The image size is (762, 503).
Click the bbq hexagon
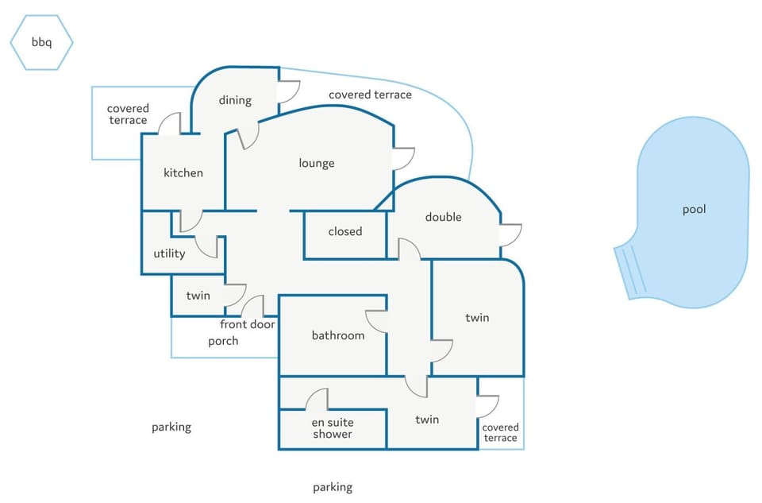coord(42,42)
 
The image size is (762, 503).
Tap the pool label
coord(694,210)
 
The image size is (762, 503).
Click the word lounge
coord(317,164)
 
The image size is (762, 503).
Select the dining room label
coord(235,101)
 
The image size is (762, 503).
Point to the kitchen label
coord(183,172)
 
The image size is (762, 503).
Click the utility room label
coord(169,253)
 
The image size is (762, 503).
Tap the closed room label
coord(345,231)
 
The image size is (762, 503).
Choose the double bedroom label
coord(443,217)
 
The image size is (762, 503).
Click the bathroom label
coord(338,335)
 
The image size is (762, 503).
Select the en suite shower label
coord(333,428)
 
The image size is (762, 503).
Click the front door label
coord(248,324)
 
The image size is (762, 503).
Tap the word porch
coord(223,341)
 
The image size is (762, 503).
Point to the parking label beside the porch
coord(171,427)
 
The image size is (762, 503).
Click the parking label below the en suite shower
coord(333,487)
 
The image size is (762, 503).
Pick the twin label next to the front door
coord(198,296)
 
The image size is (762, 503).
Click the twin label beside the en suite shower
coord(427,420)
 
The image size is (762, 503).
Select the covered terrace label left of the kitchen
coord(128,114)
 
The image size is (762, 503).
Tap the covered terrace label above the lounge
coord(371,95)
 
